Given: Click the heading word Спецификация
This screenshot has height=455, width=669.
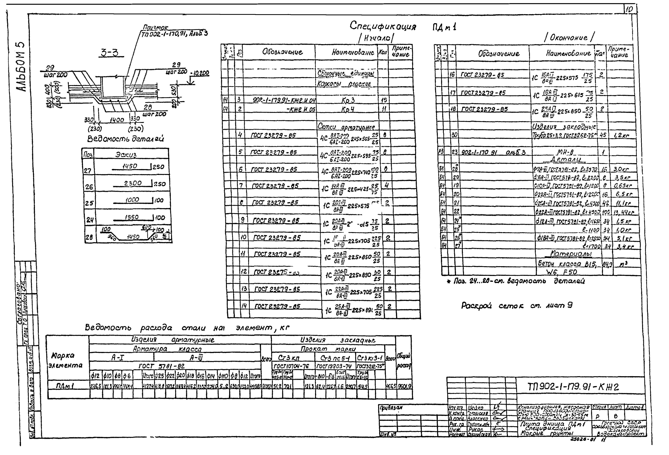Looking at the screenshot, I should tap(383, 26).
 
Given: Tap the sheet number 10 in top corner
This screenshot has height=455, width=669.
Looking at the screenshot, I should tap(629, 9).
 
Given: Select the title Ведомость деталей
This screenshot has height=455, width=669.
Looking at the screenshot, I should tap(126, 139).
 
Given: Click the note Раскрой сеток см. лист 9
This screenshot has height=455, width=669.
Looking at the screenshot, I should tap(517, 306).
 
